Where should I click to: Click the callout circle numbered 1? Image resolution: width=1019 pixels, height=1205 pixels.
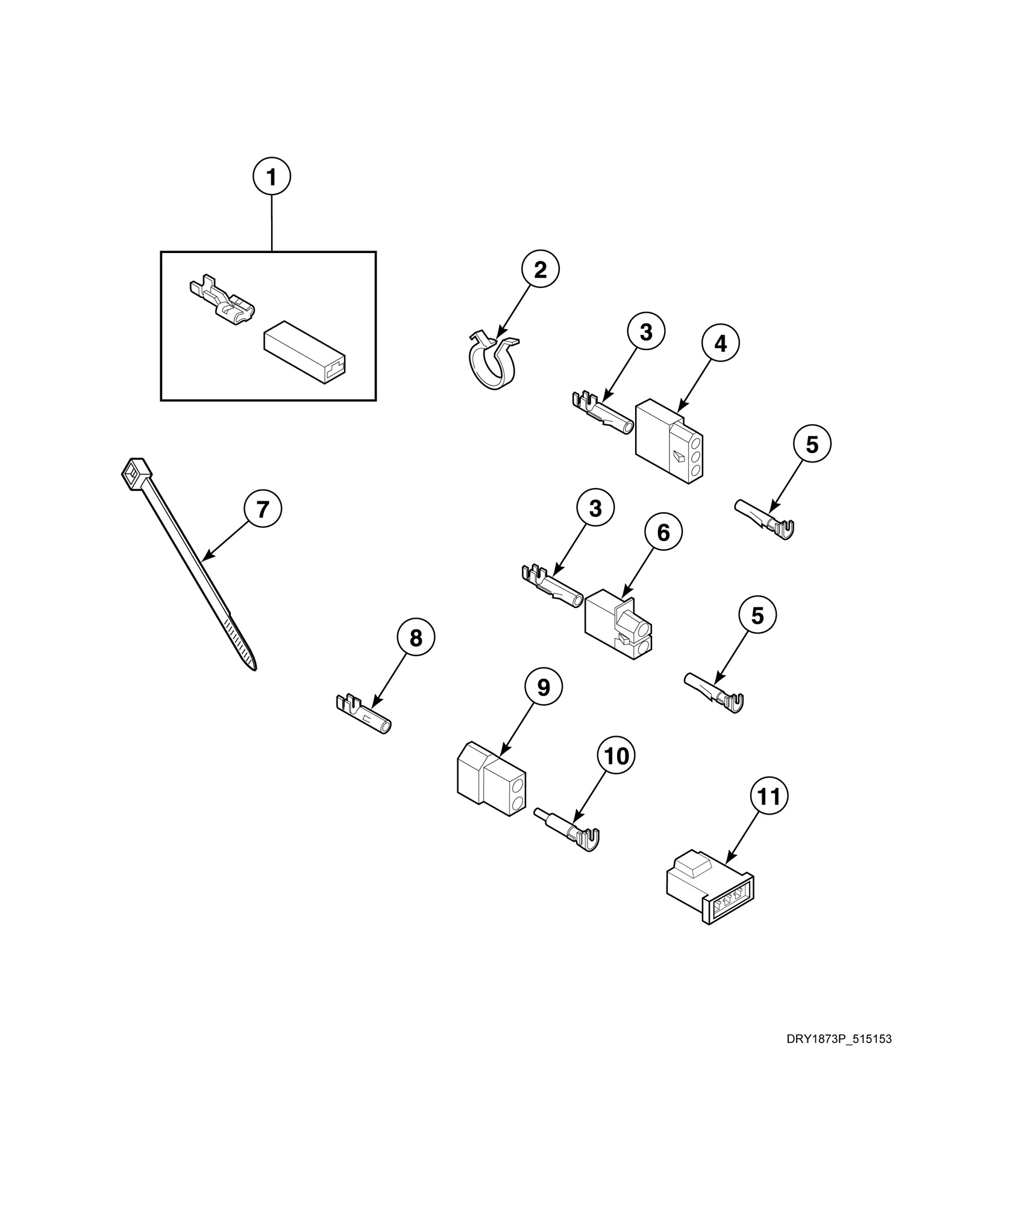point(271,177)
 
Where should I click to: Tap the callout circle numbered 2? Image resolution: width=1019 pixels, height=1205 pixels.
point(540,269)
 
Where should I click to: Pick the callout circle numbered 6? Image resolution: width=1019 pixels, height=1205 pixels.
point(663,532)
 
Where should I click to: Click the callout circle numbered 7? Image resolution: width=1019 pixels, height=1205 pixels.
point(262,509)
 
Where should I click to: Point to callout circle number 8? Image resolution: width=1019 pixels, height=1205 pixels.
point(416,638)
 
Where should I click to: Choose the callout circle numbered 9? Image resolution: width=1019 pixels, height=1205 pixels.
point(544,687)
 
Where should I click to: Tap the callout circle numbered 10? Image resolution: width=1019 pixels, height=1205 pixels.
point(616,756)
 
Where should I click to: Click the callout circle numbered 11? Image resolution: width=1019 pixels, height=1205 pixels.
point(769,797)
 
